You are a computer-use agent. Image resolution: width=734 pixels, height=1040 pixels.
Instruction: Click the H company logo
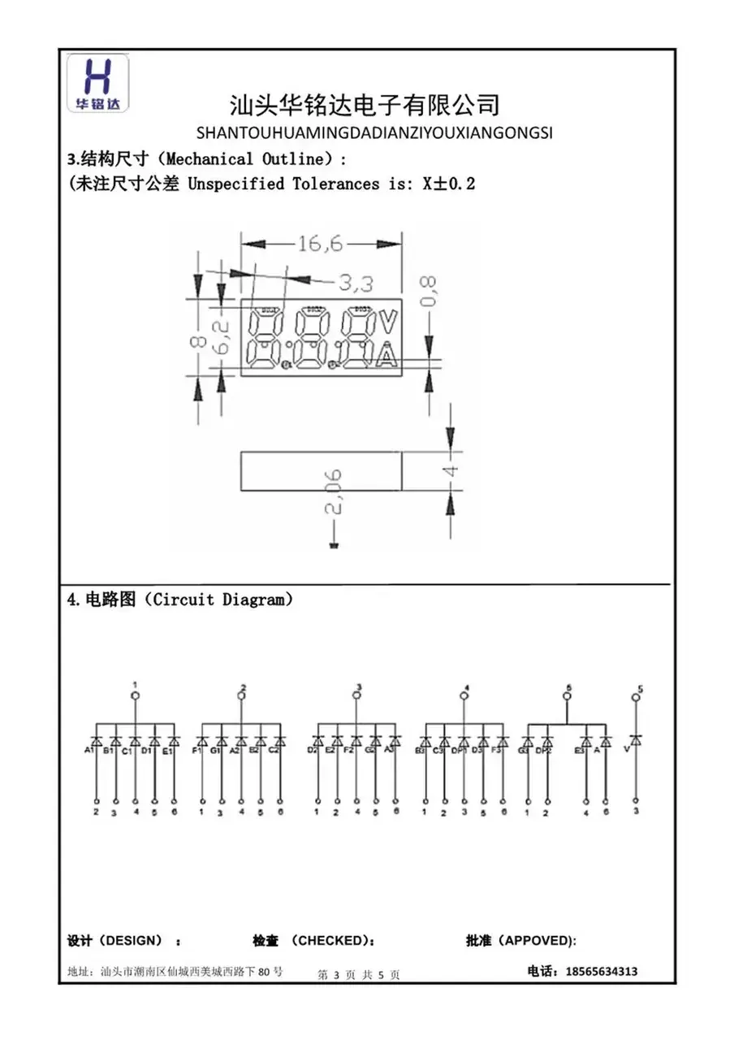coord(97,83)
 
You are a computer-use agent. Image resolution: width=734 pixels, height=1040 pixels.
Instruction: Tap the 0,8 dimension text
coord(429,290)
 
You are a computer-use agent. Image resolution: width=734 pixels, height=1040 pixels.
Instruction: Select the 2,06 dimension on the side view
coord(334,492)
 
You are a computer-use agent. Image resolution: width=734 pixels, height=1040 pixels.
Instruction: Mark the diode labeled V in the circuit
coord(636,739)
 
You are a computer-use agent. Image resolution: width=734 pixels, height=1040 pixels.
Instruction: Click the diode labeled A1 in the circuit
coord(96,741)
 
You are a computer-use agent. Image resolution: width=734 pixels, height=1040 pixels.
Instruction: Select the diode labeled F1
coord(201,741)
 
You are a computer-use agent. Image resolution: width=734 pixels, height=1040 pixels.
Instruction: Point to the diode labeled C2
coord(280,741)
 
